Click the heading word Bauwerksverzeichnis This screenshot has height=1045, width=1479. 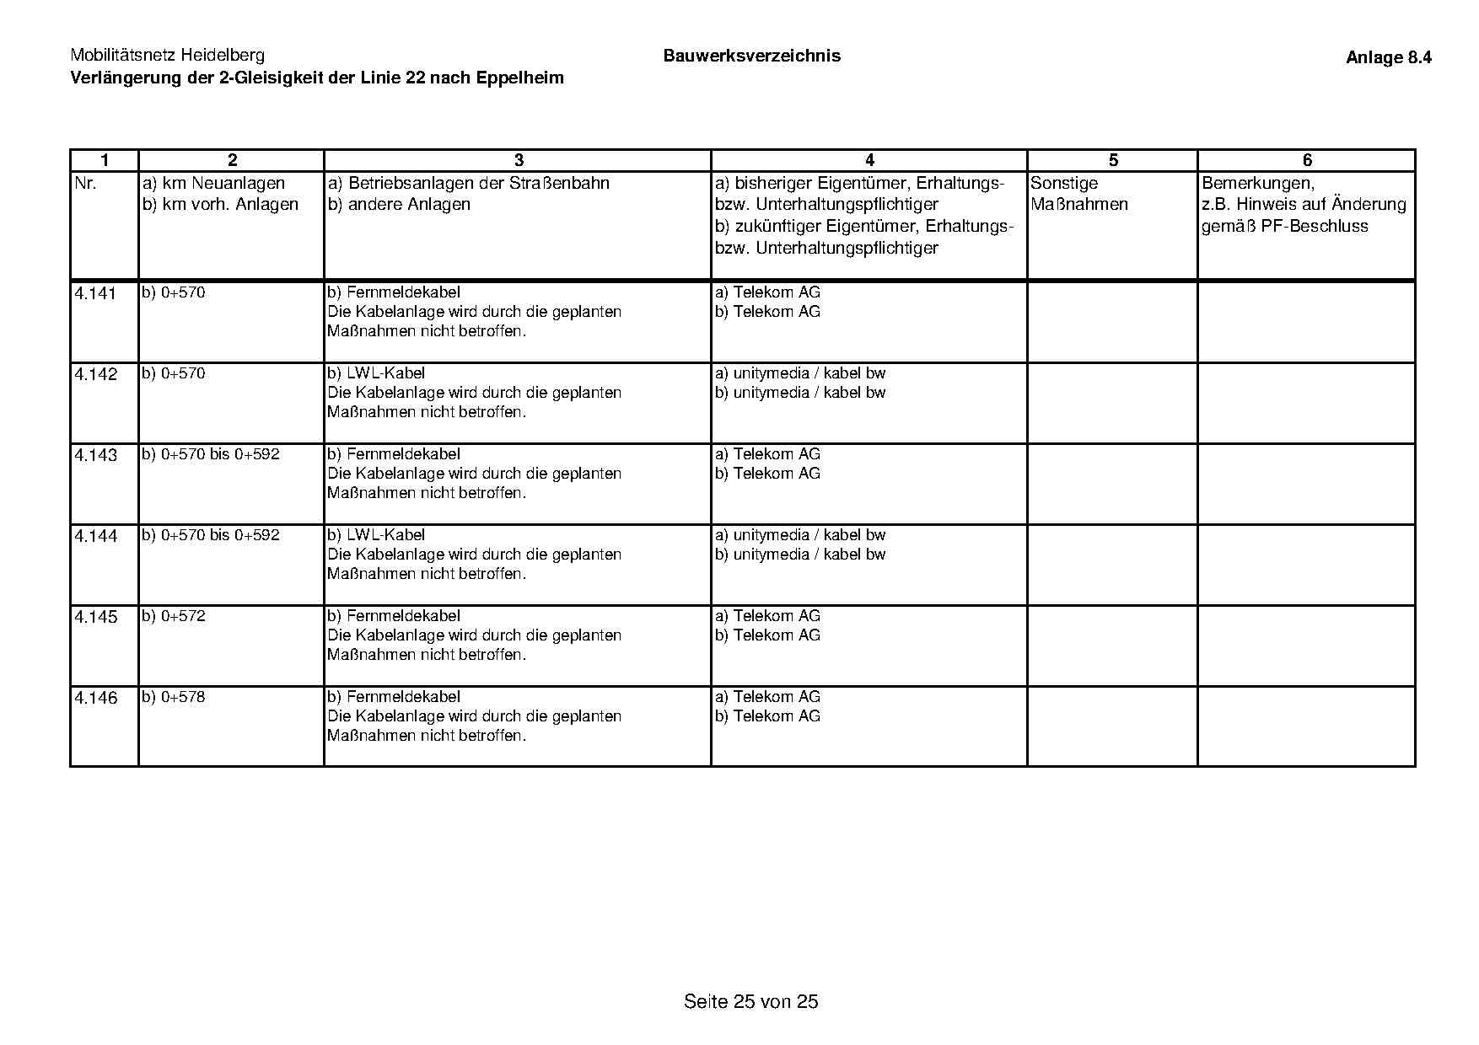(x=751, y=56)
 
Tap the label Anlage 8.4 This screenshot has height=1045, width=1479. (x=1388, y=58)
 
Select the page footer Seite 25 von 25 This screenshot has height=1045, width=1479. (x=750, y=1001)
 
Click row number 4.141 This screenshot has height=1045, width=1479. (x=95, y=294)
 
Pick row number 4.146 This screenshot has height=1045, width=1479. (x=95, y=699)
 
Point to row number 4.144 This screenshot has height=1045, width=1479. (x=95, y=537)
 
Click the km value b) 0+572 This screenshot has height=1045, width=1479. (x=174, y=616)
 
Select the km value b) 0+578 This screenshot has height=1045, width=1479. (x=174, y=697)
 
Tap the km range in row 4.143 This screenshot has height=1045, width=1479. (x=211, y=454)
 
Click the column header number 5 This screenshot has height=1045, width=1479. (x=1112, y=161)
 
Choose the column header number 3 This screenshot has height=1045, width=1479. (x=518, y=161)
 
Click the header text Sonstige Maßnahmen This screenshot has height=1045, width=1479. (x=1078, y=194)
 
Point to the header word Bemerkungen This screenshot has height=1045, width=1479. (x=1257, y=184)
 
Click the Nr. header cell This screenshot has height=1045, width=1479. (x=85, y=184)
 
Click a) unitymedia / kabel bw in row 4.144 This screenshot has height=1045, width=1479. (x=800, y=535)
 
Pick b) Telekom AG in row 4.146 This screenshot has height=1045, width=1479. (x=767, y=716)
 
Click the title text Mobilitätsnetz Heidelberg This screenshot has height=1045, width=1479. (x=167, y=56)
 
